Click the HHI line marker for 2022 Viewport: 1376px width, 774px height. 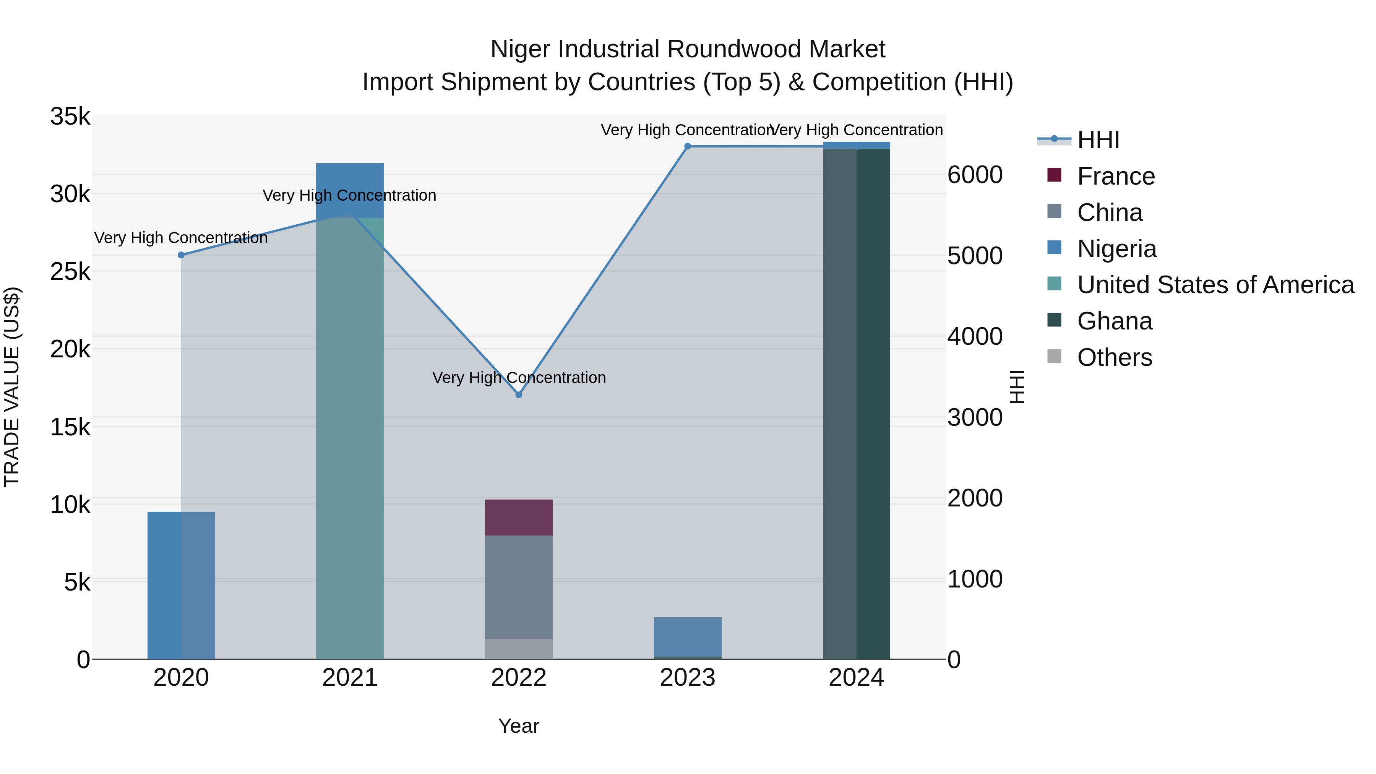coord(518,395)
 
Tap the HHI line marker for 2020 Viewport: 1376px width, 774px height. coord(181,255)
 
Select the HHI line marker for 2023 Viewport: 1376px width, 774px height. coord(688,146)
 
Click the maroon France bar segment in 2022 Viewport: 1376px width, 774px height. coord(518,517)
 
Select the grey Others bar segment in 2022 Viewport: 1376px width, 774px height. coord(518,649)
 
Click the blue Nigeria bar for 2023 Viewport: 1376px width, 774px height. coord(688,636)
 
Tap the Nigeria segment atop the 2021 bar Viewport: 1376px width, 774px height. coord(350,182)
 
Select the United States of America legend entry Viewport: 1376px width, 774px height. coord(1215,285)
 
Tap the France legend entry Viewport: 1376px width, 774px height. coord(1115,176)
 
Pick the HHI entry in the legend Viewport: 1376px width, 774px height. coord(1098,140)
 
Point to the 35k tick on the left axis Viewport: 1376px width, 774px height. coord(70,117)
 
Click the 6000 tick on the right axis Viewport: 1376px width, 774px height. coord(975,175)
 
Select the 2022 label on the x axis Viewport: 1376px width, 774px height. coord(518,678)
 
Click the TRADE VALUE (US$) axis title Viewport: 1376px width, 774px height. coord(12,387)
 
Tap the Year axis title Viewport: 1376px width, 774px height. coord(518,726)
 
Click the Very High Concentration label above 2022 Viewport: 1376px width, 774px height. coord(518,378)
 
